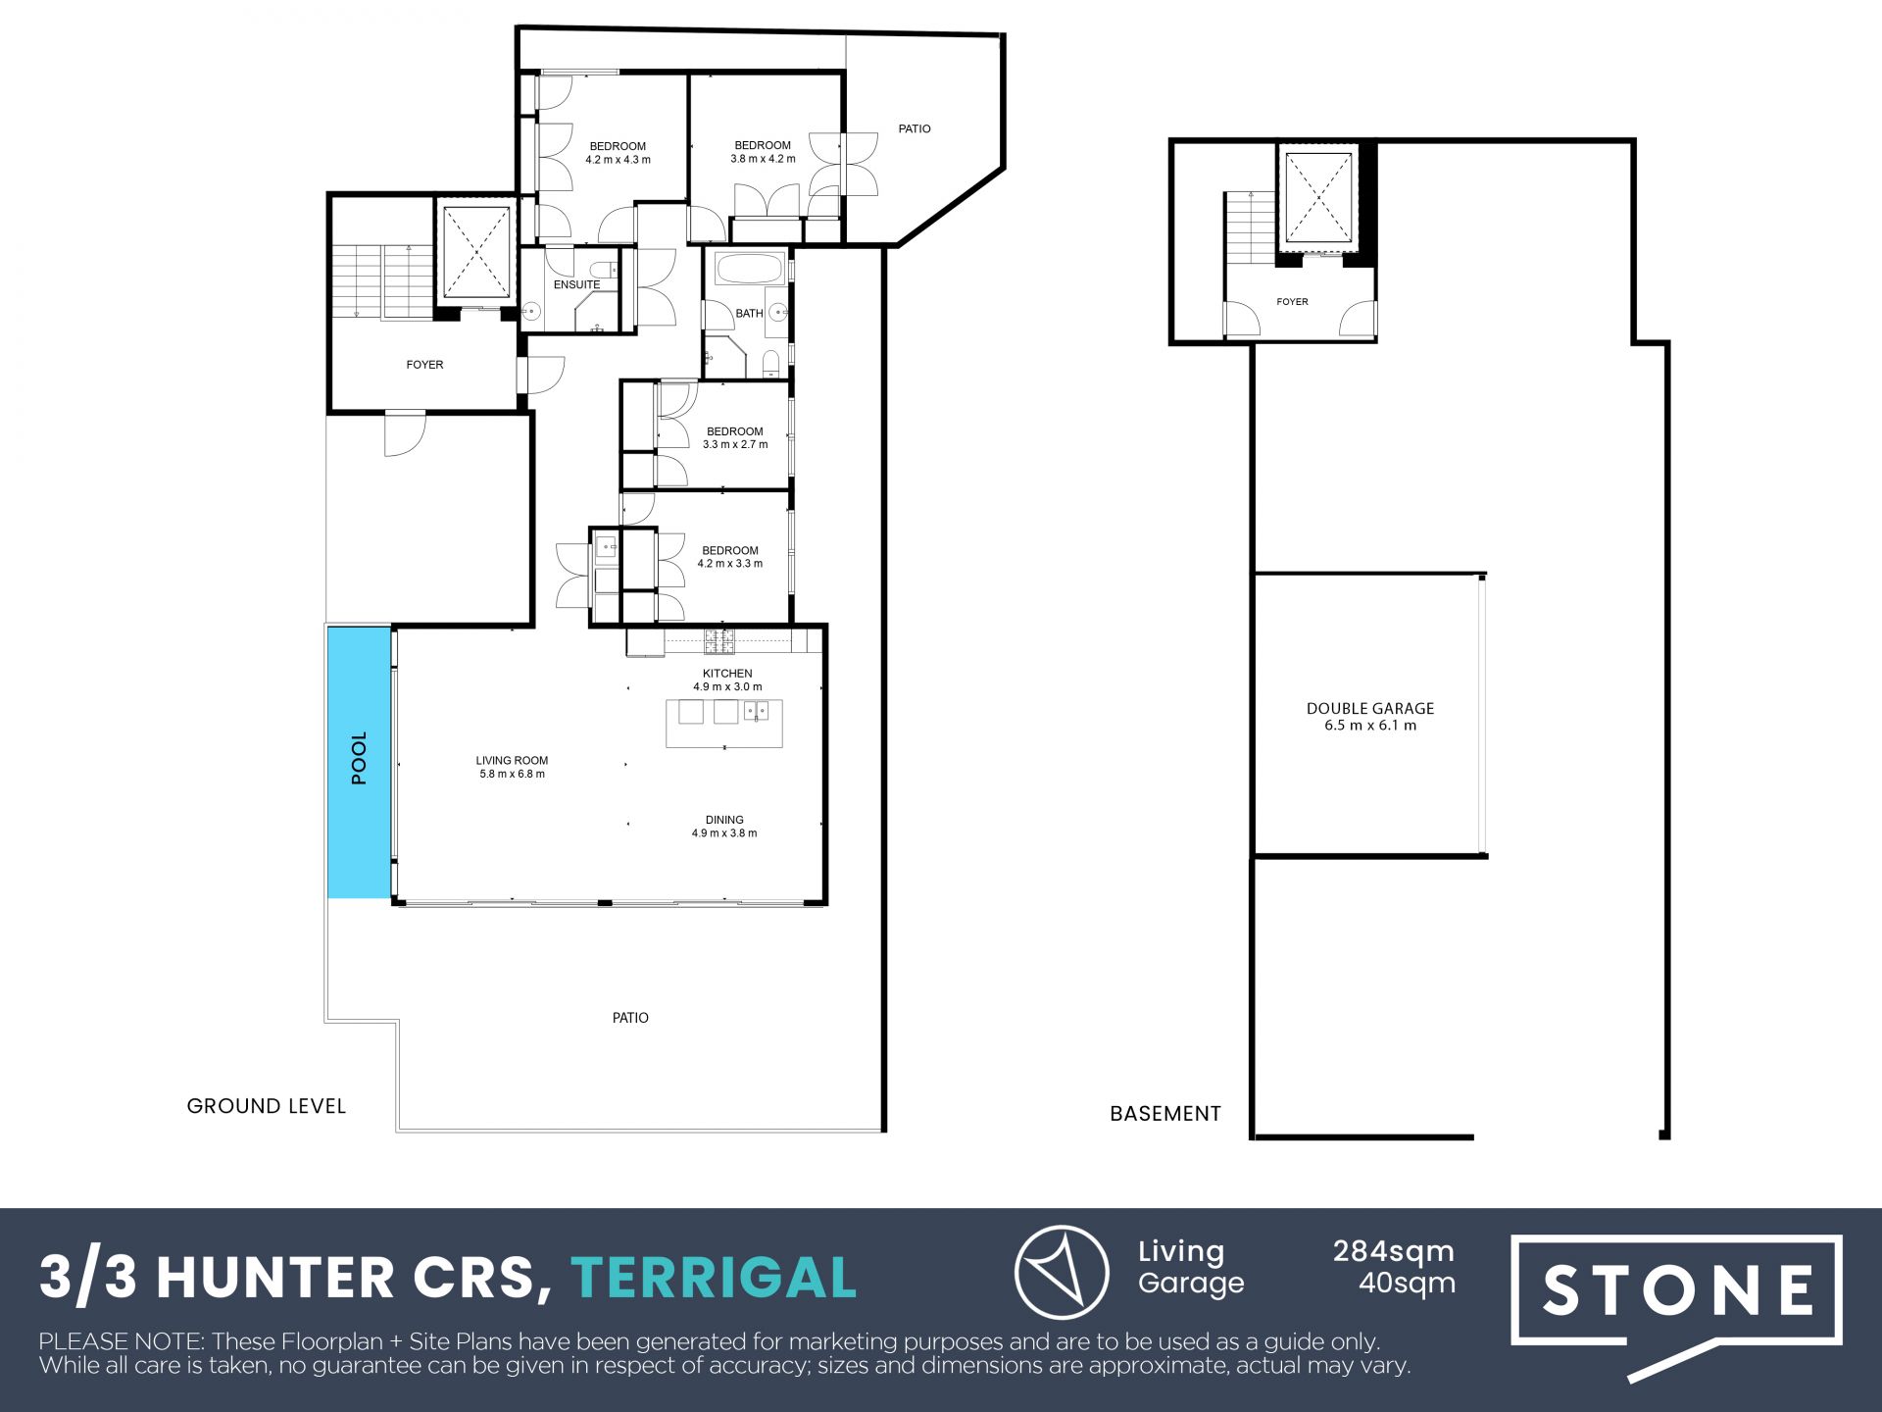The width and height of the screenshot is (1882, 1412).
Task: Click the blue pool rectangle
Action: [360, 762]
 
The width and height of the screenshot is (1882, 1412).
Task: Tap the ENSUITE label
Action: [576, 284]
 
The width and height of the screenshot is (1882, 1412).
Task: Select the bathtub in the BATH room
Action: [750, 268]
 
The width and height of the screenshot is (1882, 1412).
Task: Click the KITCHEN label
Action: [727, 674]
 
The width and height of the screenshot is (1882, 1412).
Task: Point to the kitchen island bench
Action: [724, 724]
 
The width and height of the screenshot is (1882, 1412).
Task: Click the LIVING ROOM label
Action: [512, 760]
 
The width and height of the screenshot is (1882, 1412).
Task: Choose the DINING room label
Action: [724, 820]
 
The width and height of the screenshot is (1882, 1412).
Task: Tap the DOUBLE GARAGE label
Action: [1370, 708]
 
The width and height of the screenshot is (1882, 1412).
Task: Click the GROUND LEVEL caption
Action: [267, 1106]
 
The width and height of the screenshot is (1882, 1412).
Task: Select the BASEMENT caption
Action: [1165, 1114]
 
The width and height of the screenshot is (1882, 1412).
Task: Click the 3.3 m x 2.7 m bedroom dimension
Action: [735, 444]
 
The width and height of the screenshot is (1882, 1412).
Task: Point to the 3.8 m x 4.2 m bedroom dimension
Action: [763, 159]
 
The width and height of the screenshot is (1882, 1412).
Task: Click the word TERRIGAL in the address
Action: [714, 1278]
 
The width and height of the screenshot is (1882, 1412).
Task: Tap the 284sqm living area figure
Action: [1393, 1252]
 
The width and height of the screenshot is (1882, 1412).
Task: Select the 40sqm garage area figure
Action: [1407, 1283]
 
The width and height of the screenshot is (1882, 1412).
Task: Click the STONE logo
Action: [1676, 1289]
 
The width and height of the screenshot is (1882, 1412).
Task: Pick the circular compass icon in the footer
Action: [1062, 1272]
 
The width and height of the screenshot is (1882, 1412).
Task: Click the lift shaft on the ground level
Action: [476, 252]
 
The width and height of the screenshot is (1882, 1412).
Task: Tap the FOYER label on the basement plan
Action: [1292, 302]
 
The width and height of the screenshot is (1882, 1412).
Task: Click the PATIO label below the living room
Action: [630, 1018]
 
